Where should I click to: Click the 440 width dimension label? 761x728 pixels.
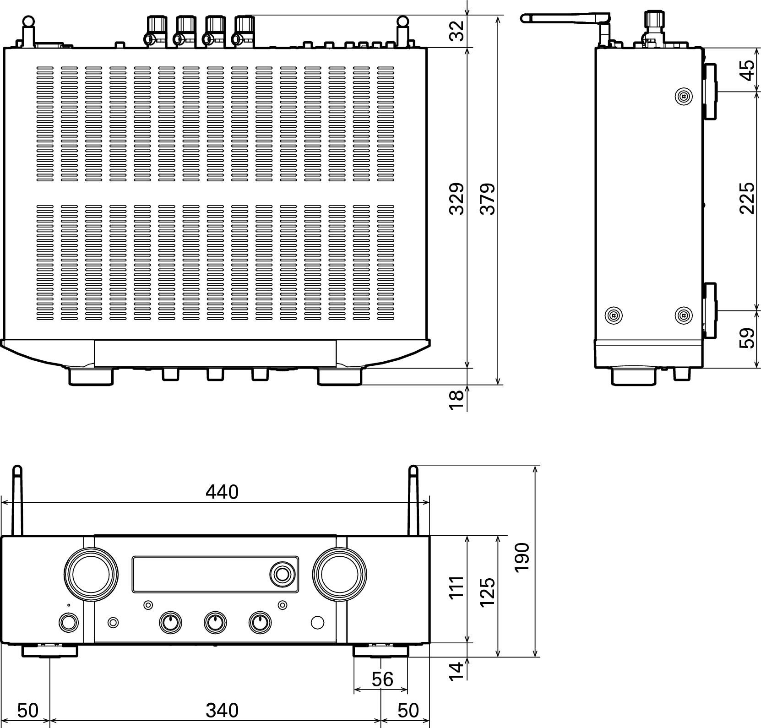[222, 492]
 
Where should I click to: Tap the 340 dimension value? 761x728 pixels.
[222, 710]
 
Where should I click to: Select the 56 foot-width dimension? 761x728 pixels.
[382, 679]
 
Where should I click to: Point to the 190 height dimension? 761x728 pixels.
[522, 556]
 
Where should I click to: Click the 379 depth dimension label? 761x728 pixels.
[488, 199]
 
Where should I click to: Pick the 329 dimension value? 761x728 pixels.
[457, 199]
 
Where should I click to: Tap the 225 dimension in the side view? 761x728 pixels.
[746, 198]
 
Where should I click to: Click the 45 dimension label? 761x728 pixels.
[746, 71]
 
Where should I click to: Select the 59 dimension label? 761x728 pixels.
[746, 338]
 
